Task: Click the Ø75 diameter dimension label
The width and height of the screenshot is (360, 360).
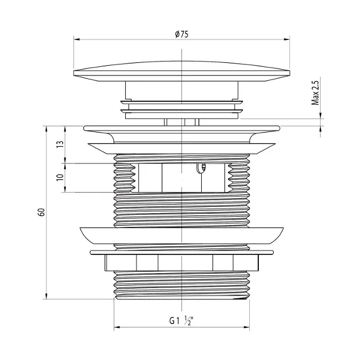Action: [181, 34]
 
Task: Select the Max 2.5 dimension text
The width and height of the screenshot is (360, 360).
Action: [315, 93]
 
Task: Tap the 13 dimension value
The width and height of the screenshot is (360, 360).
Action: [60, 144]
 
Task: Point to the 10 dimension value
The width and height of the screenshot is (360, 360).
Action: [60, 177]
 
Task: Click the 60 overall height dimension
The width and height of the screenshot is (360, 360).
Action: [41, 212]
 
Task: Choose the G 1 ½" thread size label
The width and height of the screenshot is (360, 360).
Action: [181, 321]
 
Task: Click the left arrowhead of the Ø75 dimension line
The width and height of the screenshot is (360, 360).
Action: [77, 39]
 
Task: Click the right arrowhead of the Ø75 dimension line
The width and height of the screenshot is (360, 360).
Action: [287, 39]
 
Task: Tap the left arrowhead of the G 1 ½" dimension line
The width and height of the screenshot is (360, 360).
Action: [117, 327]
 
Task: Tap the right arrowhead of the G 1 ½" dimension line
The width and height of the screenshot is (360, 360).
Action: [247, 327]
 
